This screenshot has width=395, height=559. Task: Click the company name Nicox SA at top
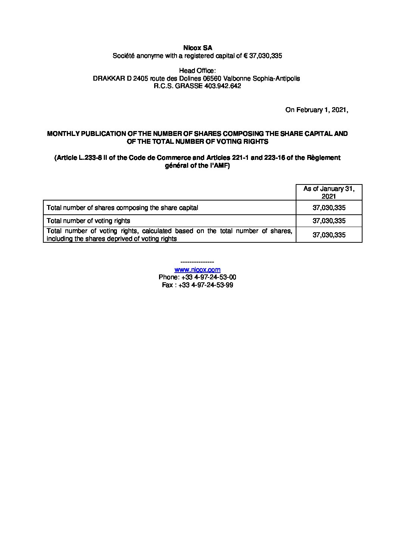coord(197,48)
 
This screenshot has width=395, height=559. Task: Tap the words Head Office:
coord(197,71)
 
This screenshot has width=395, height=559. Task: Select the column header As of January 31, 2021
coord(329,192)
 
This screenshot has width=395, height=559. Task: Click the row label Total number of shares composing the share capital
coord(122,208)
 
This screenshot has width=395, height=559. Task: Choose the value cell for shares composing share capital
coord(329,208)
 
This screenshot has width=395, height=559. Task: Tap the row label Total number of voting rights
coord(88,221)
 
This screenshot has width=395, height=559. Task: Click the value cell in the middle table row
coord(329,221)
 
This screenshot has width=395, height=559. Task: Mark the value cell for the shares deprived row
coord(329,235)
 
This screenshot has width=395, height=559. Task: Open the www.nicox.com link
coord(197,270)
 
